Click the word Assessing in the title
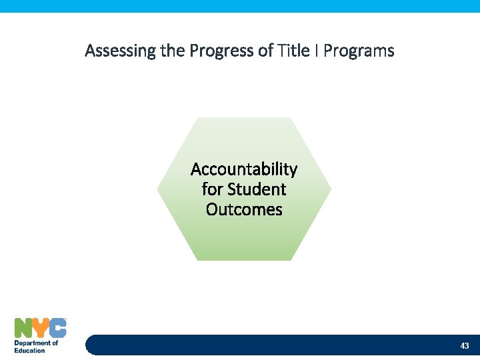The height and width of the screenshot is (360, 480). pos(121,51)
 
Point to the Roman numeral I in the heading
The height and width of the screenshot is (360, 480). pos(315,51)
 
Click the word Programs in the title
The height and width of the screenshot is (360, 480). pos(359,51)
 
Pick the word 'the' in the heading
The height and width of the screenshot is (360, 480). pos(173,51)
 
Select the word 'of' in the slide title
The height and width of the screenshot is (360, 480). pos(265,51)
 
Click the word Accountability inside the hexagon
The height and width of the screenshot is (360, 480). pos(244,169)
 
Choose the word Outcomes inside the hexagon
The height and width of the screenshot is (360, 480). pos(244,209)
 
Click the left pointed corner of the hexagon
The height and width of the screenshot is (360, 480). pos(159,189)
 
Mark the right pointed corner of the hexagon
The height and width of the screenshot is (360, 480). pos(330,189)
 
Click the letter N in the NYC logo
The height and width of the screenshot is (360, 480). pos(23,328)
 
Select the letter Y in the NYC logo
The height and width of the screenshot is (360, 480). pos(41,328)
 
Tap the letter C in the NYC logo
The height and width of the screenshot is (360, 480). pos(58,328)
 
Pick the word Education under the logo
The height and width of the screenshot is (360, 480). pos(30,350)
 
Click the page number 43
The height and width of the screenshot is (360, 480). pos(465,345)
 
